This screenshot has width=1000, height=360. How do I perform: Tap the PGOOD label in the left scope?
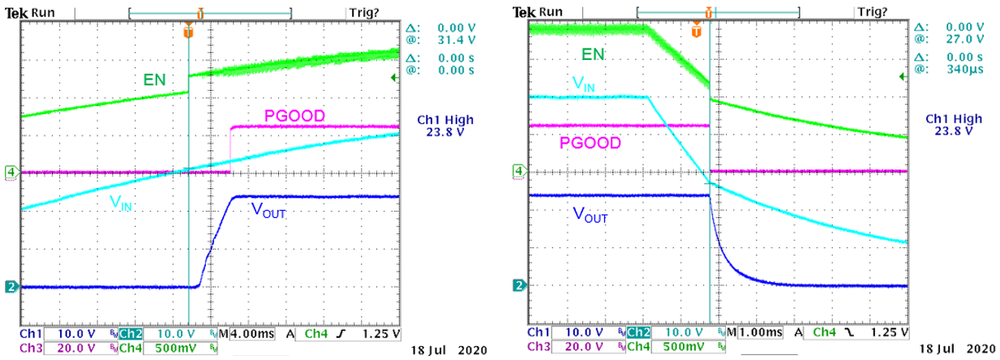pyautogui.click(x=295, y=116)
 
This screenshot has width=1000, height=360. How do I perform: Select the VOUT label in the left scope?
pyautogui.click(x=268, y=211)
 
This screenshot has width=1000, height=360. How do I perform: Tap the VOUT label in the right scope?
pyautogui.click(x=590, y=215)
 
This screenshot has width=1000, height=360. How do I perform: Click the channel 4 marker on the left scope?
pyautogui.click(x=11, y=172)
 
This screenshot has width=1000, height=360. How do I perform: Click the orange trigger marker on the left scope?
pyautogui.click(x=188, y=32)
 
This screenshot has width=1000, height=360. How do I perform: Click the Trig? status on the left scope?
pyautogui.click(x=362, y=12)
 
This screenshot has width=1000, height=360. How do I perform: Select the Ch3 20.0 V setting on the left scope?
pyautogui.click(x=59, y=347)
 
